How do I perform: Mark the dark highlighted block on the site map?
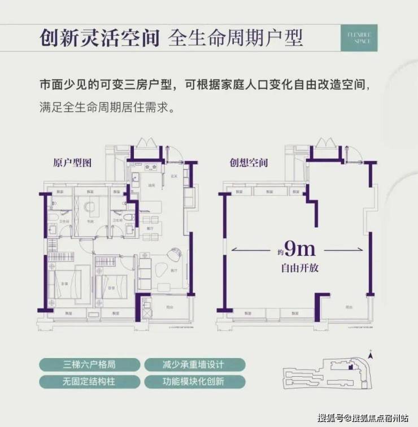351,367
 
